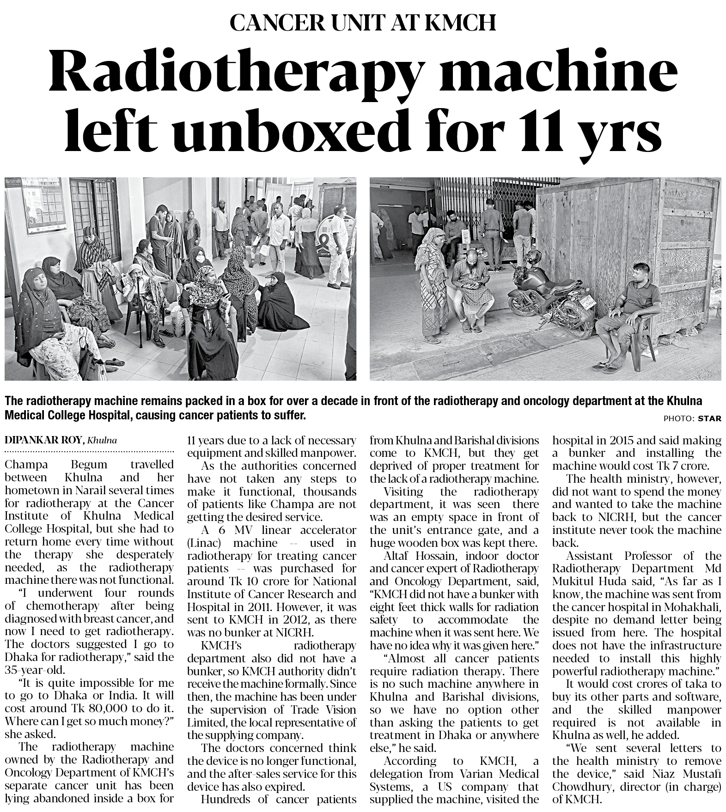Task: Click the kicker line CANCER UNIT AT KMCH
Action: tap(363, 23)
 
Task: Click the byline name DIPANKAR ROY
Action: tap(44, 441)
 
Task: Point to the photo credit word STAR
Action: tap(709, 418)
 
